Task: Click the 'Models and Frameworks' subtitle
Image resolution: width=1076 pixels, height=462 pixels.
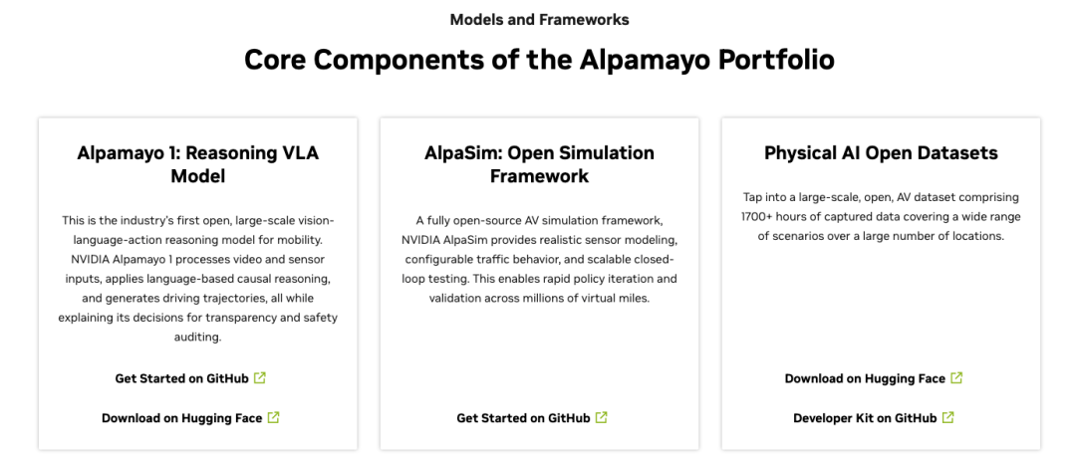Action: coord(539,19)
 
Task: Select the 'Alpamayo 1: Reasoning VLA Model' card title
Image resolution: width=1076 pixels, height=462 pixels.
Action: coord(197,164)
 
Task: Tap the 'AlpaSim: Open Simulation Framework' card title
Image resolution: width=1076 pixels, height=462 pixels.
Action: coord(539,164)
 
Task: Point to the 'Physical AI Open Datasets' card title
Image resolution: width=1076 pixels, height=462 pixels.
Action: coord(881,153)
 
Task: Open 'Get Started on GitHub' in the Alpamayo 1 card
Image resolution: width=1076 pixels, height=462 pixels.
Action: coord(181,378)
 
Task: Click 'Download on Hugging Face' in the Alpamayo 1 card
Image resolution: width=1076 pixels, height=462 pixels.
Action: coord(181,418)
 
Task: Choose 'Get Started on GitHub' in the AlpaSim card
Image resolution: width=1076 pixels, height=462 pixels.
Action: coord(523,418)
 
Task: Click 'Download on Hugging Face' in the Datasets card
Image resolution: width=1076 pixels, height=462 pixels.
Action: coord(865,378)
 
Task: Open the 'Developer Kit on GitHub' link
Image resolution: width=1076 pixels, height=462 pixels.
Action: coord(865,418)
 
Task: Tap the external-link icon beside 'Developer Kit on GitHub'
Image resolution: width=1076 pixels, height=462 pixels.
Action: coord(948,417)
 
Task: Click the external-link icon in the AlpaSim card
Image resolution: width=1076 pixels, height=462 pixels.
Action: coord(602,417)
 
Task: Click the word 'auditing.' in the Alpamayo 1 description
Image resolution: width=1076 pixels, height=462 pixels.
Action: coord(198,337)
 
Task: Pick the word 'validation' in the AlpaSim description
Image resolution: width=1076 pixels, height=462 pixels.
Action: coord(459,297)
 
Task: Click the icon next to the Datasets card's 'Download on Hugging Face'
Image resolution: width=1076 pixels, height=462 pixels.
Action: coord(956,377)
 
